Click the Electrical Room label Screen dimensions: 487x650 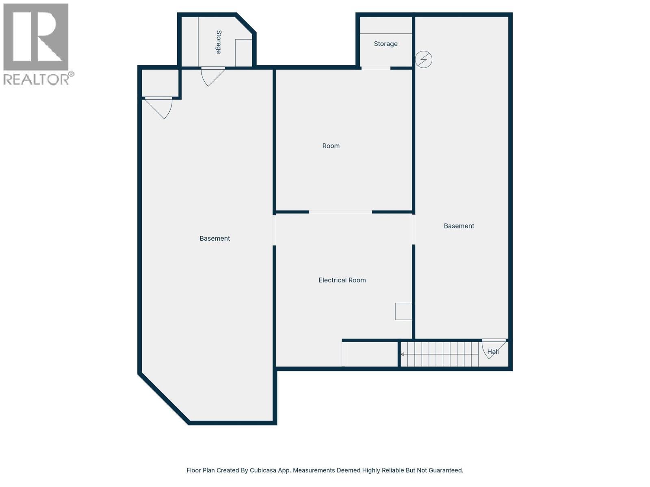(342, 280)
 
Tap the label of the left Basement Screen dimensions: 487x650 (214, 239)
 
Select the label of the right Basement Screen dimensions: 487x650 (459, 226)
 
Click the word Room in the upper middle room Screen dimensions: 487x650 (331, 146)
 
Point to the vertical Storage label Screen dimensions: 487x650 (219, 42)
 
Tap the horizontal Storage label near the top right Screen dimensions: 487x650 (386, 44)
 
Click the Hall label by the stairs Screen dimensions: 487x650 (493, 352)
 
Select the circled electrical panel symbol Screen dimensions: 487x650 (424, 60)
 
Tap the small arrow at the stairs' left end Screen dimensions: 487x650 (402, 354)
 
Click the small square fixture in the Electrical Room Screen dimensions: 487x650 (403, 311)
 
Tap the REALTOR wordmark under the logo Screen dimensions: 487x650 (37, 79)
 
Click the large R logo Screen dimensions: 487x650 (36, 37)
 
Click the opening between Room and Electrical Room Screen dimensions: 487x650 (340, 212)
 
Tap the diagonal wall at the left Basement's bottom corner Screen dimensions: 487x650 (164, 399)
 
